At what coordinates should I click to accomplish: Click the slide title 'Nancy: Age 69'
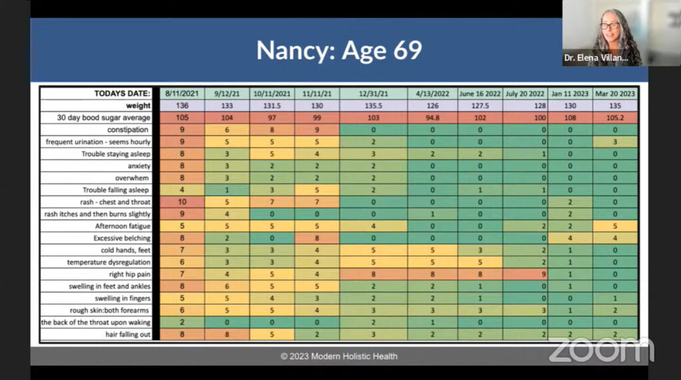(339, 51)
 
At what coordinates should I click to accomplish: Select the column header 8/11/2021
(182, 94)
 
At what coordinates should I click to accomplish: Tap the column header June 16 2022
(479, 94)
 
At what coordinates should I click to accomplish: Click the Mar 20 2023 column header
(615, 94)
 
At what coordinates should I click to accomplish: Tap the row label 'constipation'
(128, 130)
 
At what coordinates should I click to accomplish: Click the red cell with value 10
(182, 202)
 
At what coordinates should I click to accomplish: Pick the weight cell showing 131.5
(272, 106)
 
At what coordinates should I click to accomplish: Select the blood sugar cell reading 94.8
(430, 118)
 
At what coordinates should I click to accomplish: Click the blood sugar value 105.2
(615, 118)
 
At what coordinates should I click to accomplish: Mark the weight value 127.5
(479, 106)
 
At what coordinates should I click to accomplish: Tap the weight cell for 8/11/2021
(182, 106)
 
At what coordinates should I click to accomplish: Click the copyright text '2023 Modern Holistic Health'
(339, 356)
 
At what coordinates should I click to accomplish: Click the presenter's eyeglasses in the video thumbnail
(609, 27)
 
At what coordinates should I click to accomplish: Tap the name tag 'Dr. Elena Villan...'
(596, 58)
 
